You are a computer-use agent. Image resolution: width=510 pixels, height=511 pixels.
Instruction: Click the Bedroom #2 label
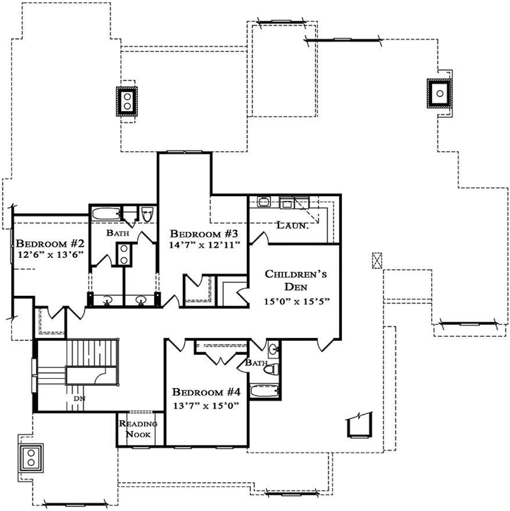pyautogui.click(x=50, y=242)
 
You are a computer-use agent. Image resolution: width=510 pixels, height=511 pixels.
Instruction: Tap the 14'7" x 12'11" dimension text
pyautogui.click(x=205, y=245)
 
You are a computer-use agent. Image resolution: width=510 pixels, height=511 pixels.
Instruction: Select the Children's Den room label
pyautogui.click(x=295, y=280)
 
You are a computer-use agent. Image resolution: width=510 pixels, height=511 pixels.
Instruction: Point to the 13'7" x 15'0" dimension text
pyautogui.click(x=207, y=405)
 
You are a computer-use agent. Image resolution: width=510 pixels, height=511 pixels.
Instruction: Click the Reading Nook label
pyautogui.click(x=136, y=429)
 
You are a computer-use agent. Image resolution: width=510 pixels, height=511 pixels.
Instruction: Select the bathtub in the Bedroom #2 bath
pyautogui.click(x=106, y=214)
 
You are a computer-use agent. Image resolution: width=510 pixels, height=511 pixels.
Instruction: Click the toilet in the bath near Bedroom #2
pyautogui.click(x=147, y=214)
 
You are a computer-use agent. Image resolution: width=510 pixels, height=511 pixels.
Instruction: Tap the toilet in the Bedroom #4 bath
pyautogui.click(x=274, y=368)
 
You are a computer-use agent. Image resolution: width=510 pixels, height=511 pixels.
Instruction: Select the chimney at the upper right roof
pyautogui.click(x=438, y=93)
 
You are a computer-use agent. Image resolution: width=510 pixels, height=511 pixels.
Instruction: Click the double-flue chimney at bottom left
pyautogui.click(x=31, y=457)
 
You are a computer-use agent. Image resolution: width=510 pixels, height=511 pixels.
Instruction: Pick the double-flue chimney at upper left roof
pyautogui.click(x=127, y=101)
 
